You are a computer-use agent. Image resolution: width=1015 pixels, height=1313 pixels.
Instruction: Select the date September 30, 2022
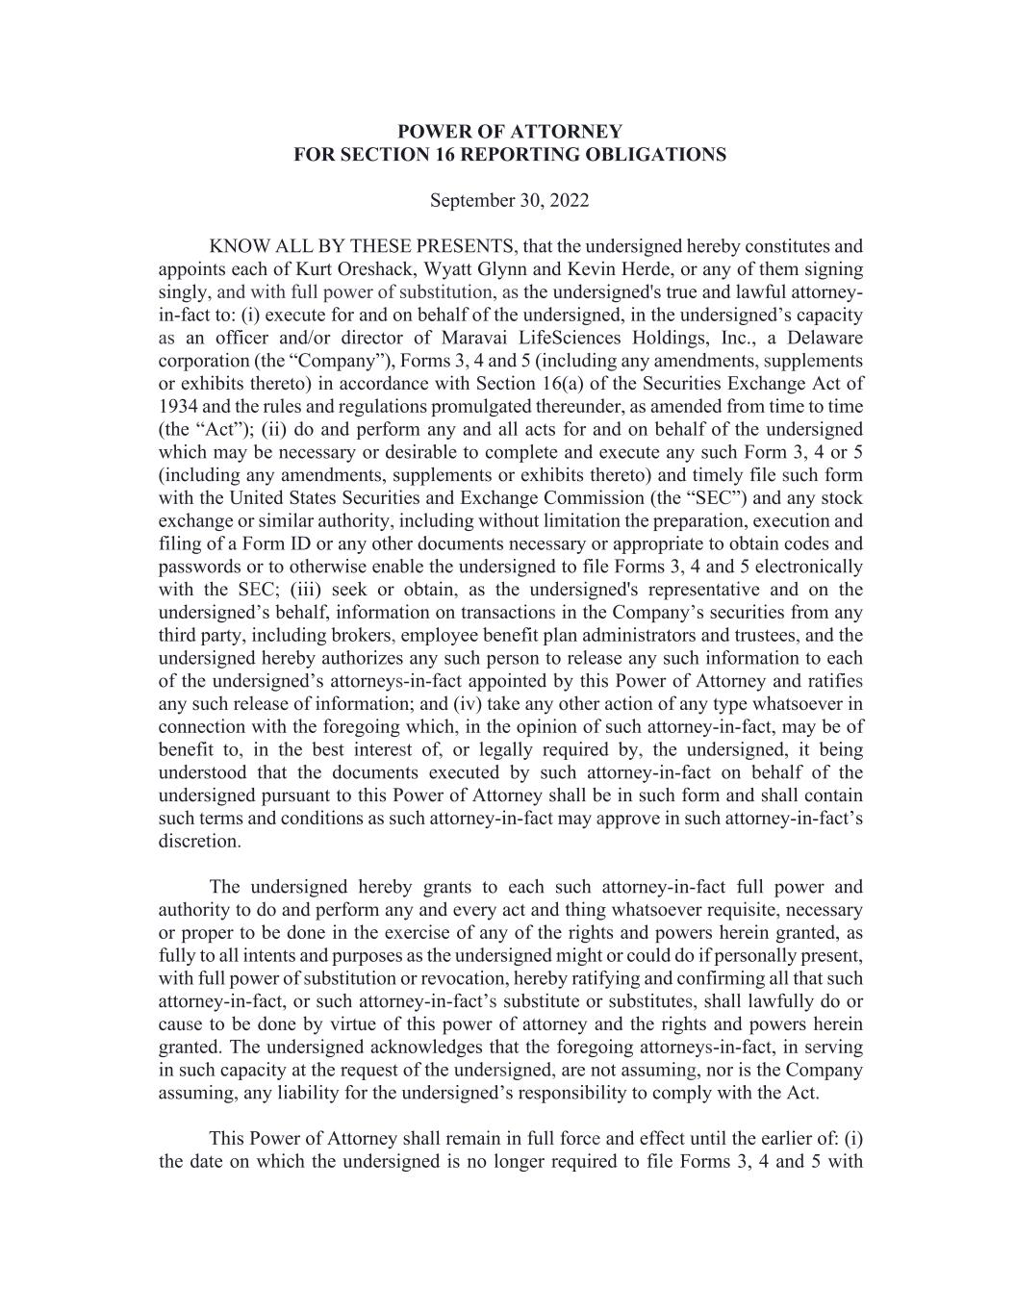point(509,201)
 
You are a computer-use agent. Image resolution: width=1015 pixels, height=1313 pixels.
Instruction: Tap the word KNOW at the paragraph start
point(235,246)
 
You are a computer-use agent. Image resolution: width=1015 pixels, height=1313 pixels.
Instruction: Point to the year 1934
point(178,406)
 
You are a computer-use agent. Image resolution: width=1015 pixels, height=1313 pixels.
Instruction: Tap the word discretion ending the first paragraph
point(199,842)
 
